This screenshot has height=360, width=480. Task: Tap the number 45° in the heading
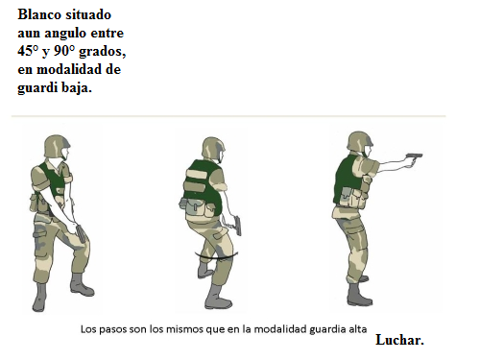28,51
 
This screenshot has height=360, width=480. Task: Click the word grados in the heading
103,52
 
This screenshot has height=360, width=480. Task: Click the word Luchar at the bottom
399,340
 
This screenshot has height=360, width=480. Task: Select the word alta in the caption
360,329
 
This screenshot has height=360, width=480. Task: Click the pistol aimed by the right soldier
415,158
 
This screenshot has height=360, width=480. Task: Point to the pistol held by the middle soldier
237,226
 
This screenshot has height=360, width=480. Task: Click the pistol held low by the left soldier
81,234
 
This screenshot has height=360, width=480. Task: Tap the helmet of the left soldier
57,146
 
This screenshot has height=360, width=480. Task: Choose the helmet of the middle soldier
213,148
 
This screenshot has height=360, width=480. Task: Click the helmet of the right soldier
359,141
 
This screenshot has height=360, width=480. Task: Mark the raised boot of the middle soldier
204,271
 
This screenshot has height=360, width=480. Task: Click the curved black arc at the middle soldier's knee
216,257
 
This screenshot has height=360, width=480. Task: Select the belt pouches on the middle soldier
198,207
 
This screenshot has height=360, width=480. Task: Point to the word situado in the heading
88,14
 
